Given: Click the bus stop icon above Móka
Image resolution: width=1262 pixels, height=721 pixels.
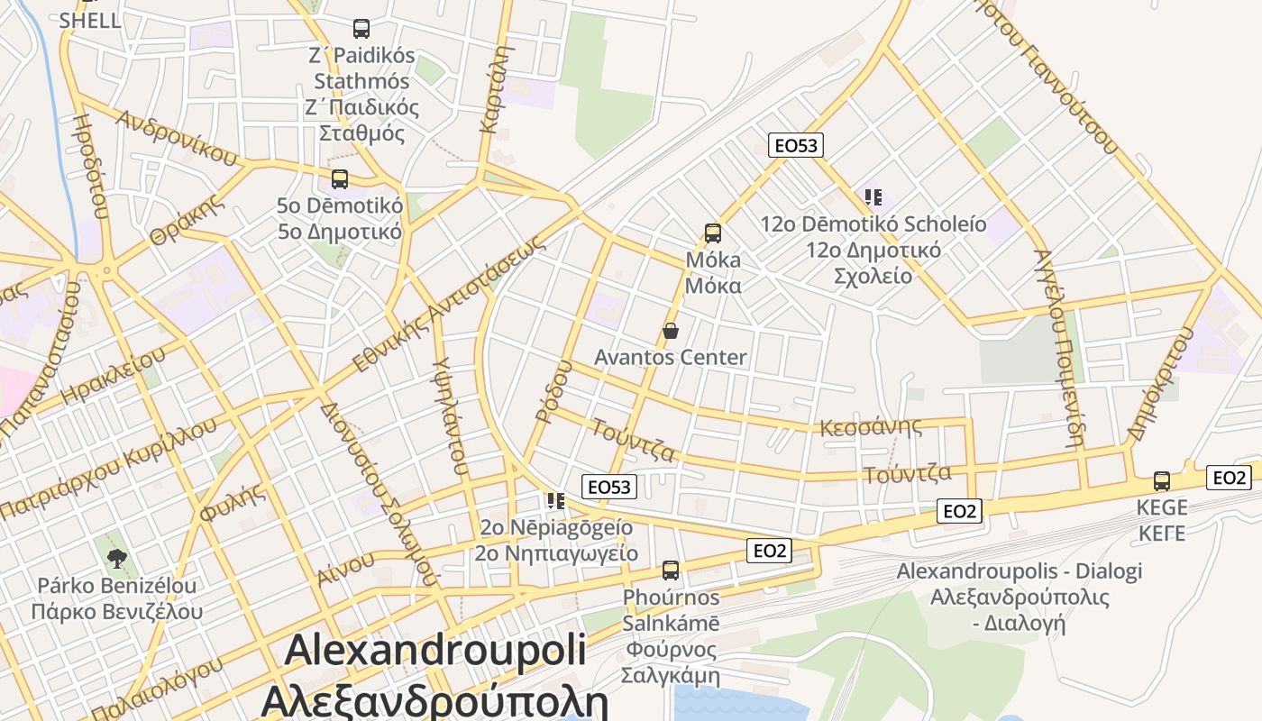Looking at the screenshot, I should [712, 233].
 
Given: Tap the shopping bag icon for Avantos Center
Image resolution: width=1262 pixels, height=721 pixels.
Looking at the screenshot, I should [670, 331].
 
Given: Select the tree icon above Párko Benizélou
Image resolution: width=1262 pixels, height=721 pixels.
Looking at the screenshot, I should [116, 558].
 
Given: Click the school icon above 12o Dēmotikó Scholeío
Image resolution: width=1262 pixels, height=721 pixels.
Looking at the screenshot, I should [872, 196].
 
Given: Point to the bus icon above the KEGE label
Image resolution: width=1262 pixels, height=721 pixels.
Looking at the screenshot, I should [1162, 481].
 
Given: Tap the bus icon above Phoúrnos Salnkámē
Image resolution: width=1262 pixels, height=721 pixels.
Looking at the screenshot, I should [670, 570].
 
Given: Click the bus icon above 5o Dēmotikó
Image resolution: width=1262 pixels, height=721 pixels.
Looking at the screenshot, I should [339, 178].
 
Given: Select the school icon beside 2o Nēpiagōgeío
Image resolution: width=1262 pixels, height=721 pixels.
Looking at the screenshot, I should [555, 500].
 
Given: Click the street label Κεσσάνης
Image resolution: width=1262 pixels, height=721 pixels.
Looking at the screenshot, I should [870, 426].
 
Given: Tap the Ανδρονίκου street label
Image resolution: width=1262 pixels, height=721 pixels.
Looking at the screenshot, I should [177, 138].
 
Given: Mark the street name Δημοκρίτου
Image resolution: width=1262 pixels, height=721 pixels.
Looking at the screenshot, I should [1160, 384].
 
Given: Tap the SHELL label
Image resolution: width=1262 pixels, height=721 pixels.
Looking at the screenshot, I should [90, 21].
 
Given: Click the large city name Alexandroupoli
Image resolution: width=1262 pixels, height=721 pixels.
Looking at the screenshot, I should [435, 650].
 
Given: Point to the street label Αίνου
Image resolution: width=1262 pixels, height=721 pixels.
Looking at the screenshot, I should [344, 568].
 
